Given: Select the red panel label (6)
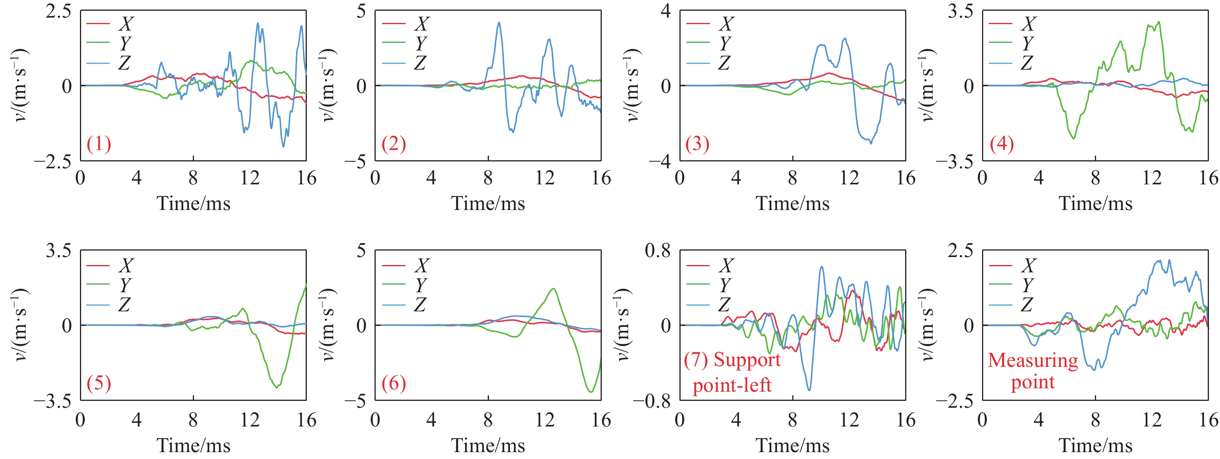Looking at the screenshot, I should [x=394, y=383].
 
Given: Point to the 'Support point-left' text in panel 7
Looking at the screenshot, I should [x=732, y=372].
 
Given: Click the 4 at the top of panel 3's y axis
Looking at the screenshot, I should [x=666, y=10].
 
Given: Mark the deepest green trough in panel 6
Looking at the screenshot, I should [x=591, y=392].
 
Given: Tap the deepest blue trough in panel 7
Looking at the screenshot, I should [x=809, y=390].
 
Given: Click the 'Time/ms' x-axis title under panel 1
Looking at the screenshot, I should [x=193, y=204].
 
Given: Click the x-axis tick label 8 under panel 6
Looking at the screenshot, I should [x=488, y=420].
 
